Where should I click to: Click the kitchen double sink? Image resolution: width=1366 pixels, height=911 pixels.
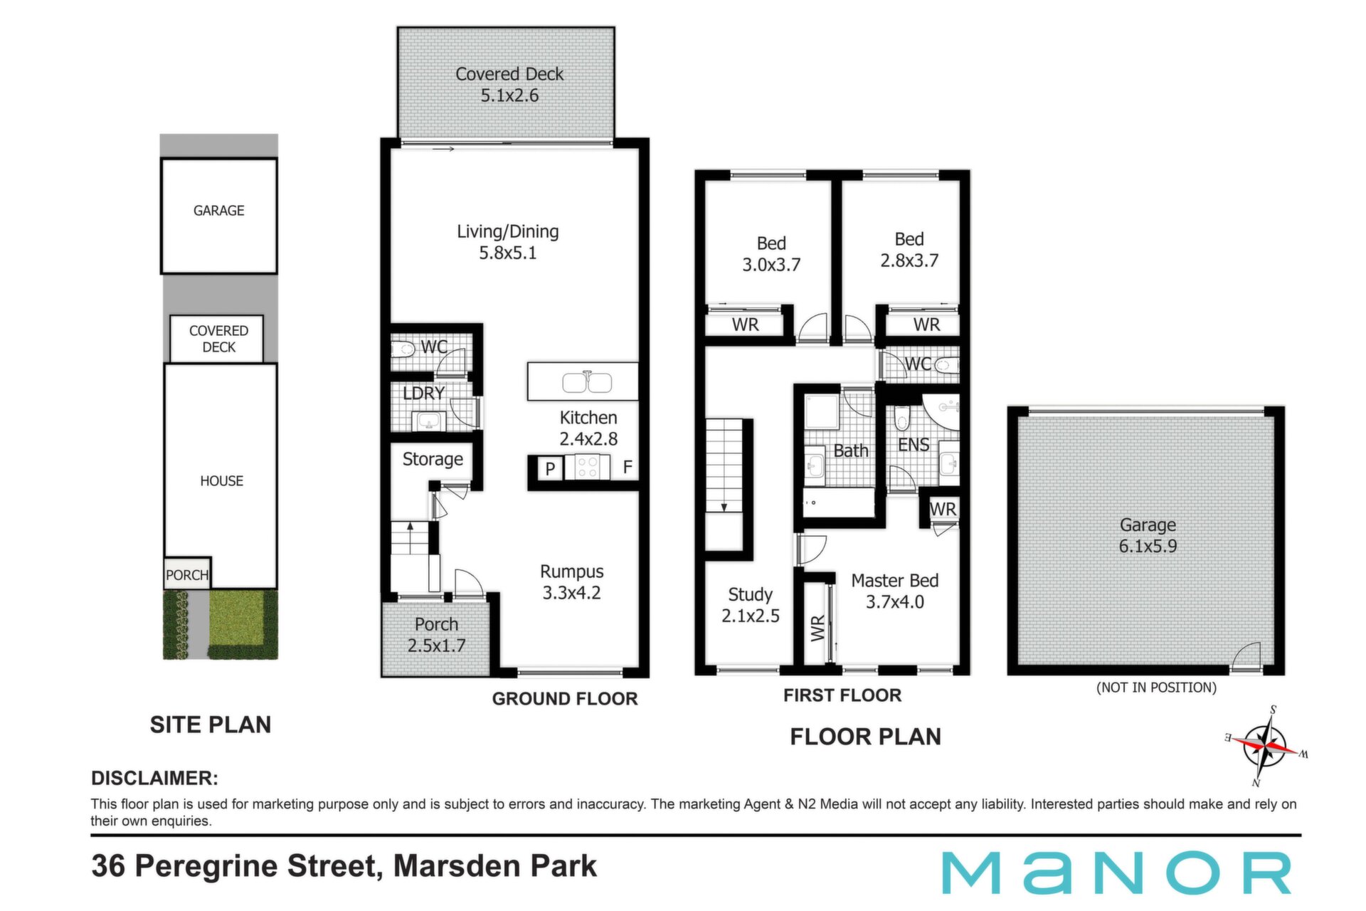(587, 382)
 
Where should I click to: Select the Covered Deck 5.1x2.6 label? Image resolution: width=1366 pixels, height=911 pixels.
(509, 85)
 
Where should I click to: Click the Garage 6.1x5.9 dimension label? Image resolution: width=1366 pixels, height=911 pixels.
(1148, 536)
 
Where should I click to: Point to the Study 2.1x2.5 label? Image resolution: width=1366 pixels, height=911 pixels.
(751, 605)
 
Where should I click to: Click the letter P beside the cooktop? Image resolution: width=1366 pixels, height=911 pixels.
(549, 469)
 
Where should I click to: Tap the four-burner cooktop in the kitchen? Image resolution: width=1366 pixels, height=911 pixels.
(588, 467)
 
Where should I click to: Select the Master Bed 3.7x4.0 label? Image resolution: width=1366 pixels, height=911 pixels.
(895, 591)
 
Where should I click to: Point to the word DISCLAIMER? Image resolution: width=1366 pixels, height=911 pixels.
(154, 778)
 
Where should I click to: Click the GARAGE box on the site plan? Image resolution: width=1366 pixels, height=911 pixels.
(219, 216)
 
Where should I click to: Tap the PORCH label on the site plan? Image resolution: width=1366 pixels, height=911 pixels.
(187, 575)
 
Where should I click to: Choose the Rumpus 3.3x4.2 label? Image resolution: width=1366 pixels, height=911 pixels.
(572, 582)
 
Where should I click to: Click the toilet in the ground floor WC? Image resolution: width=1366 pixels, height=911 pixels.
(403, 349)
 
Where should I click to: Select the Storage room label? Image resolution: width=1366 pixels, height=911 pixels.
(433, 459)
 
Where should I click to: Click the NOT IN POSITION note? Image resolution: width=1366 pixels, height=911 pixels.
(1156, 688)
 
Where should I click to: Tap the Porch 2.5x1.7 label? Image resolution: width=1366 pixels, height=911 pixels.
(436, 635)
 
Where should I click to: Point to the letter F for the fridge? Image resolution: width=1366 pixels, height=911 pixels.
(628, 467)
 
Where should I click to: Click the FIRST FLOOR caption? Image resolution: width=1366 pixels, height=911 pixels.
(842, 695)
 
